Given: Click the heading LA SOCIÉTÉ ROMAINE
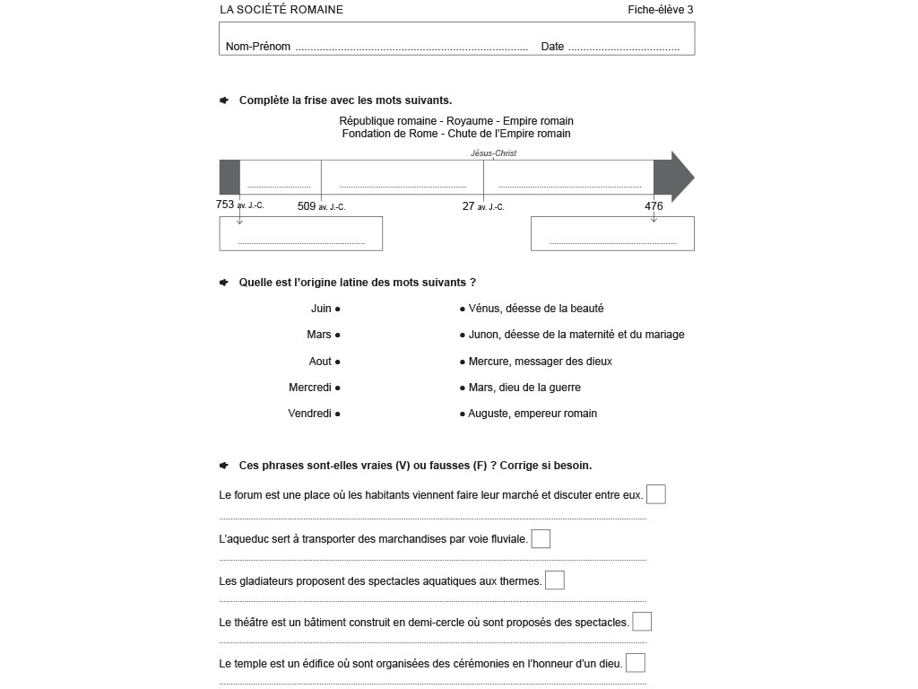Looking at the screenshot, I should [x=281, y=10].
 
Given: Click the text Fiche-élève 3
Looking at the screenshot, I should [x=661, y=10].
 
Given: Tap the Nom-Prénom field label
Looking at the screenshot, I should [x=258, y=47].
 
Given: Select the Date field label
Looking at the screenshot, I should [x=552, y=47].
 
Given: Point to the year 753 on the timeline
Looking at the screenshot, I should [x=226, y=205].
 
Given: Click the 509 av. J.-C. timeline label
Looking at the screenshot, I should [x=321, y=206].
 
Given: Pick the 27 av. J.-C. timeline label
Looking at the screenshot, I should [x=483, y=206].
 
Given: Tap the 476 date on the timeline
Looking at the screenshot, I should [x=654, y=206].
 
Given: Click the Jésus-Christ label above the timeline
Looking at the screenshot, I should [x=493, y=153].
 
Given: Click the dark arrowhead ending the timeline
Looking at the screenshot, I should [x=674, y=178].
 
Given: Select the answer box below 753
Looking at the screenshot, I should [x=300, y=233].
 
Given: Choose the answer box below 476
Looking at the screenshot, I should [x=612, y=233].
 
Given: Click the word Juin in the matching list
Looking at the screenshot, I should [x=321, y=309].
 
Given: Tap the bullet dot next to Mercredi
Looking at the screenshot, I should [x=338, y=388].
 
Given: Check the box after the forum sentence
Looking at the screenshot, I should [x=656, y=494].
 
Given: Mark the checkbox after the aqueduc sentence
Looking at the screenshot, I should [x=541, y=539].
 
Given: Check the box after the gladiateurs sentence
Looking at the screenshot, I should [x=555, y=580].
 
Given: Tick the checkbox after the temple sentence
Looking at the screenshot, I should [x=636, y=663].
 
